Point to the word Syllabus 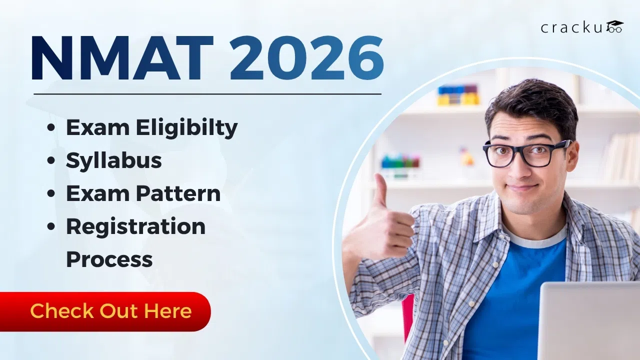click(114, 160)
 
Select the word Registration click(135, 226)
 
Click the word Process click(109, 259)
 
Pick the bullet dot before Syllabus click(51, 161)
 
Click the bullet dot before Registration click(51, 227)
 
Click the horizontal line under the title click(207, 93)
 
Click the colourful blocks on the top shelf click(458, 94)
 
